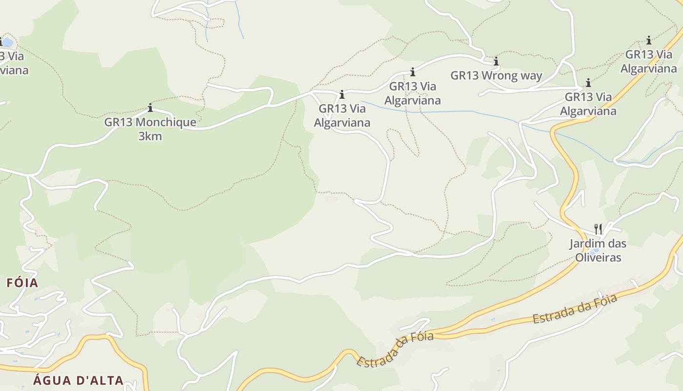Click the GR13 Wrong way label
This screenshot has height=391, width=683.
click(496, 76)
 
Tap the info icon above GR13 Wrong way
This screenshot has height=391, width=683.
click(496, 62)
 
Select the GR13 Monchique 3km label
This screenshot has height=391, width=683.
click(150, 129)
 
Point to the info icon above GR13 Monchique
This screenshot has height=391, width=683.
click(150, 108)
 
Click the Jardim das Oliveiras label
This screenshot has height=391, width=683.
click(598, 250)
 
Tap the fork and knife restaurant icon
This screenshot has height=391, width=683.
click(598, 229)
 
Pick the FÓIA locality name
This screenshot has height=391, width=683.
click(22, 282)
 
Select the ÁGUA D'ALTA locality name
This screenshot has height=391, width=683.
click(78, 380)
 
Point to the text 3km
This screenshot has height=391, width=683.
click(150, 136)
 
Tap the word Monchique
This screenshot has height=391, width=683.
click(166, 122)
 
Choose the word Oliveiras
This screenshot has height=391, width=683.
click(598, 257)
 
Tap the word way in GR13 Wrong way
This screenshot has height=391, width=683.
click(532, 76)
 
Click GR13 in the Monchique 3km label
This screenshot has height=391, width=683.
click(118, 122)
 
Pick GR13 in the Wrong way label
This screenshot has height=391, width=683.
click(464, 76)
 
